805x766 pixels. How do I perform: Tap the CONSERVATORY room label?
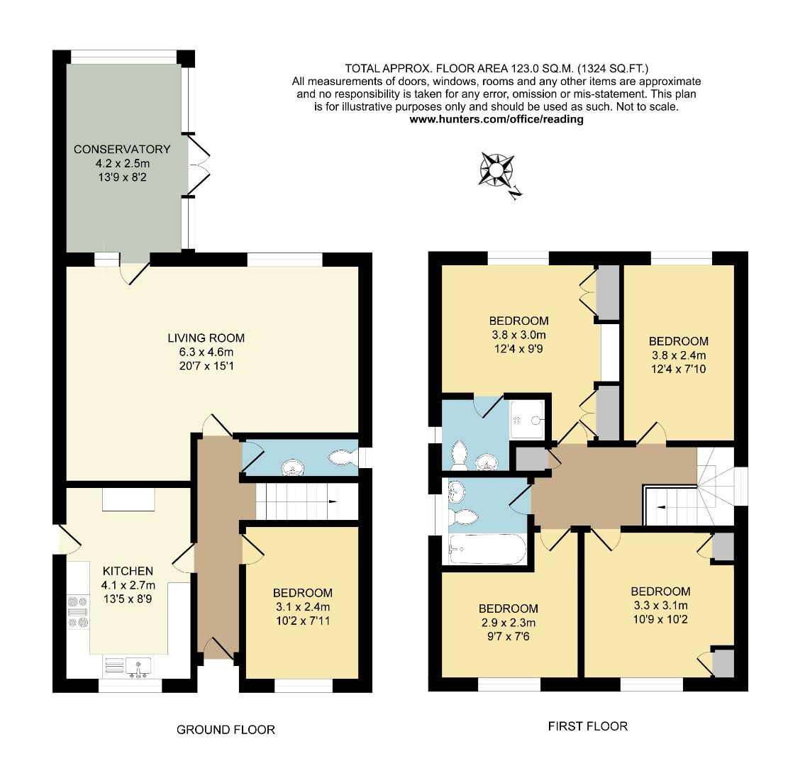coord(122,149)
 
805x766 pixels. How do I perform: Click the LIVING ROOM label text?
coord(206,338)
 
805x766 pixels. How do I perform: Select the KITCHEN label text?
coord(128,571)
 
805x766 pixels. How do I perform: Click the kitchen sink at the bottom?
coord(139,667)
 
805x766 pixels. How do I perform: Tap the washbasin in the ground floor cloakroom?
coord(292,467)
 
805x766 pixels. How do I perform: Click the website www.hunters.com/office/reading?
coord(496,119)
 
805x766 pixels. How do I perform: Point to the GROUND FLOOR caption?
coord(225,729)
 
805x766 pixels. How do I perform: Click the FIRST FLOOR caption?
coord(587,726)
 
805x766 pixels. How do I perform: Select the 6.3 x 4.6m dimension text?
coord(206,352)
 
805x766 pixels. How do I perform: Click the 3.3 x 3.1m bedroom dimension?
coord(660,605)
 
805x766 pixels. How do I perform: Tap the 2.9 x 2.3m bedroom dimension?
coord(508,622)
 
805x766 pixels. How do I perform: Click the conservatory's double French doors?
coord(198,165)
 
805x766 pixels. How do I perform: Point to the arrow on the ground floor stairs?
coord(332,502)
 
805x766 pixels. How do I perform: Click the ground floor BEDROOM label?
coord(303,593)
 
